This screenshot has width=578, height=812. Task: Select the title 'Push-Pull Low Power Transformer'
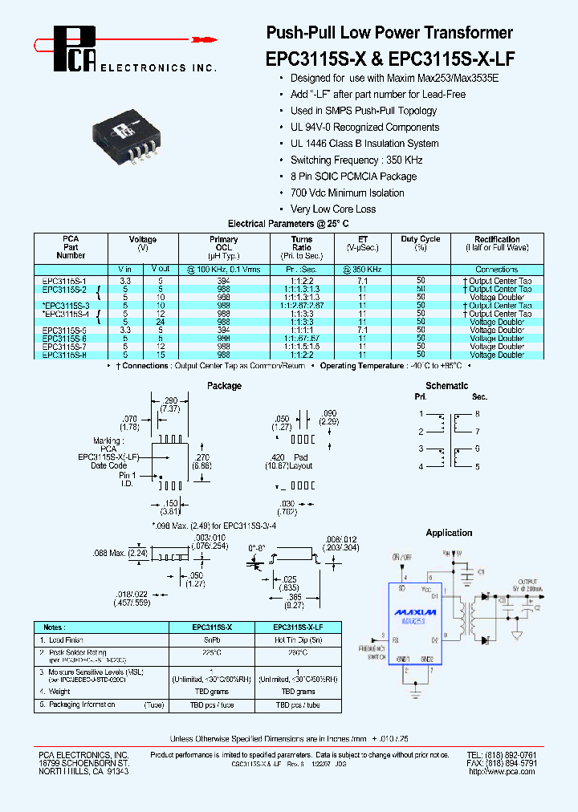tap(389, 33)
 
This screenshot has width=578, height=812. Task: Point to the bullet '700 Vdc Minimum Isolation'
tap(347, 193)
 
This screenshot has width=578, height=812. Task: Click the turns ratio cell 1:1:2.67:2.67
tap(302, 306)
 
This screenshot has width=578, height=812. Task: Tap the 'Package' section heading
tap(224, 386)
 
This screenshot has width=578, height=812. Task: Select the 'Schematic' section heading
tap(446, 386)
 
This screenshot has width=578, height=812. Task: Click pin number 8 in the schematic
tap(477, 414)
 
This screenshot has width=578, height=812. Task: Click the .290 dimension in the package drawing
tap(170, 400)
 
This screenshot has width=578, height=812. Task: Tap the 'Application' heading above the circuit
tap(449, 533)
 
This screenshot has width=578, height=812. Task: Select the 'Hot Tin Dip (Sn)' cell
tap(298, 640)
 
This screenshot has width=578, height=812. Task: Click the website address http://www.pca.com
tap(502, 771)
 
